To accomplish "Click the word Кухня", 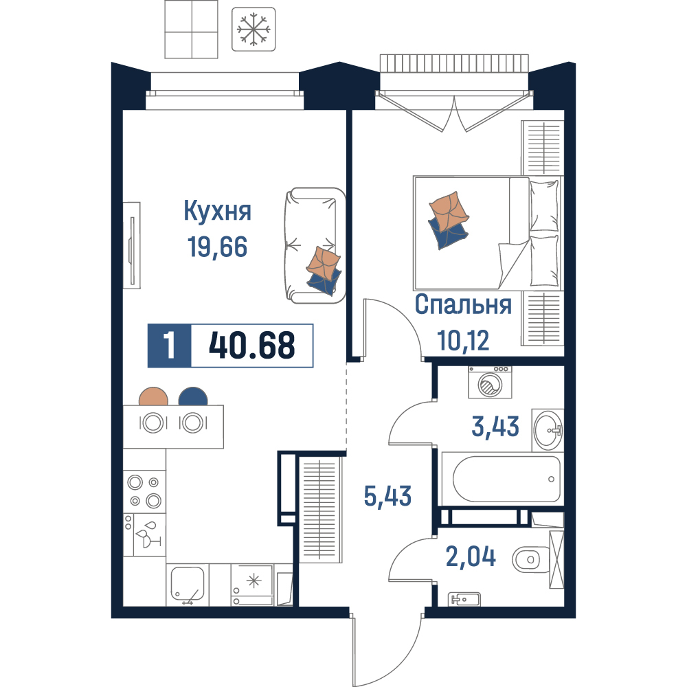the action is tap(217, 211).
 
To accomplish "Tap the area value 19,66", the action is tap(217, 247).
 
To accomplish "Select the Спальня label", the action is tap(463, 304).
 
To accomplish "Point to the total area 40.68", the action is tap(252, 346).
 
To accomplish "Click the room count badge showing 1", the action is tap(169, 346).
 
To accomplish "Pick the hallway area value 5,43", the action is tap(387, 497).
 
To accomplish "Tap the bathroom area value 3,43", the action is tap(495, 427).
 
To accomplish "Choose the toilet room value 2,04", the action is tap(471, 557).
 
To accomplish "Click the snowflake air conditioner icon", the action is tap(254, 30).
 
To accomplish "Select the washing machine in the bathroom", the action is tap(490, 383).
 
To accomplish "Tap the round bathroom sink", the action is tap(548, 430).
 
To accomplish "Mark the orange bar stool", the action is tap(153, 397).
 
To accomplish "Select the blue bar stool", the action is tap(193, 397).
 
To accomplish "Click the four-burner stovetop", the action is tap(144, 491).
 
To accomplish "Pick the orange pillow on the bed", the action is tap(449, 211).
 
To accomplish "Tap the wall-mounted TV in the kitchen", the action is tap(131, 245).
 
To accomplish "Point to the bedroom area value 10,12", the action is tap(463, 341).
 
